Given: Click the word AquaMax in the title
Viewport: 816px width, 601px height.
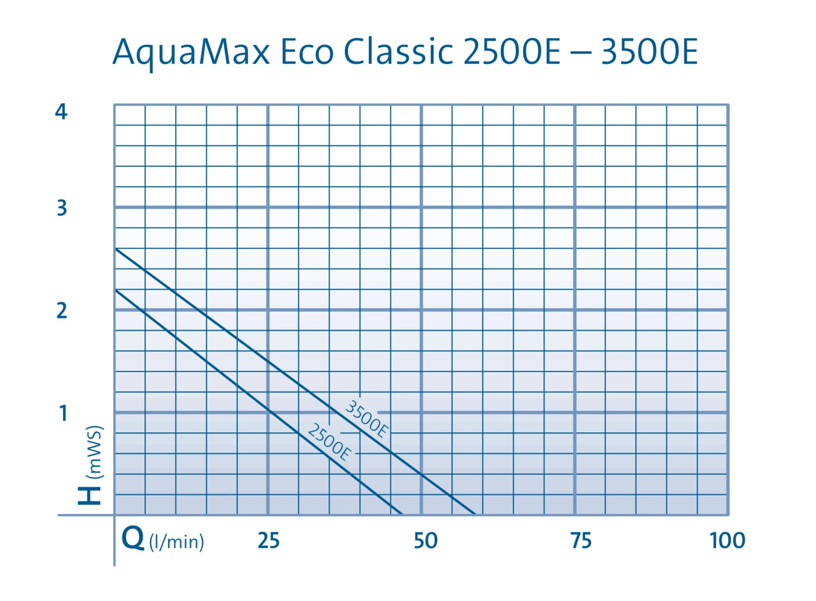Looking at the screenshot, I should tap(191, 53).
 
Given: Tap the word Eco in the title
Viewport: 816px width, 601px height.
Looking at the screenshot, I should tap(307, 53).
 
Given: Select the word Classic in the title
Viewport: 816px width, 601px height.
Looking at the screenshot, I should tap(398, 53).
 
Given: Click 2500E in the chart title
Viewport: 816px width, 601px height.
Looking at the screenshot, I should tap(512, 53).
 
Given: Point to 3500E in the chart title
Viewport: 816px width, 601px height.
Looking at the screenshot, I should tap(649, 53).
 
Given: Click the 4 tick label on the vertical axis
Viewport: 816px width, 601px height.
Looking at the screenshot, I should tap(61, 112).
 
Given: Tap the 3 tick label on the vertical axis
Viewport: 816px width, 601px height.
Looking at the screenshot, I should tap(62, 208).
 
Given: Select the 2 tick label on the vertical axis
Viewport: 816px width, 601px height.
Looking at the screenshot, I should tap(62, 311).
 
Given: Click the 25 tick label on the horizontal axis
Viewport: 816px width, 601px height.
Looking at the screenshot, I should tap(269, 541).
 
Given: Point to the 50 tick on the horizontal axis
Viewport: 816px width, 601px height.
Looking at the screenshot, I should tap(425, 541).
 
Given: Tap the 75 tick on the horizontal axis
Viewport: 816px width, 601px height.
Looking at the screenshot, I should tap(581, 541).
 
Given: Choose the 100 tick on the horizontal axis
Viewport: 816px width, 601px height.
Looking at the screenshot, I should tap(727, 541).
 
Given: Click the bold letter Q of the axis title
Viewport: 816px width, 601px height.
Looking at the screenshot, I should tap(133, 538).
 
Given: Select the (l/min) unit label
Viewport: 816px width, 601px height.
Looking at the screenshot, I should tap(177, 542).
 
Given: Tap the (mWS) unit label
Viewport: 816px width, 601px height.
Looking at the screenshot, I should tap(95, 451).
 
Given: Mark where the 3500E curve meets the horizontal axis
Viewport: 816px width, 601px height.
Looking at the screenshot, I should tap(474, 514).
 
